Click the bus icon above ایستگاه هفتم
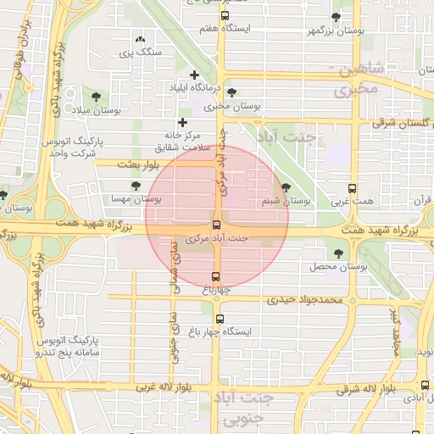225,15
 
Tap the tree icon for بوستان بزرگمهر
336,17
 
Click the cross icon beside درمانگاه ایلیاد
195,75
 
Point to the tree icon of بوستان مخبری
232,92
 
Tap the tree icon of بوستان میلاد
92,97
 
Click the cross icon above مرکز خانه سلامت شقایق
181,123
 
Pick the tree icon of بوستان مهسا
136,185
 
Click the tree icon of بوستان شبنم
285,187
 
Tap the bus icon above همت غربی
353,188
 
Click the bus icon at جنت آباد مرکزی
217,225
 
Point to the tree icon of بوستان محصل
339,253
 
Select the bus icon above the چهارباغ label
215,276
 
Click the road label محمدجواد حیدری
304,299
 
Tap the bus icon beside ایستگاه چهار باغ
220,319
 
